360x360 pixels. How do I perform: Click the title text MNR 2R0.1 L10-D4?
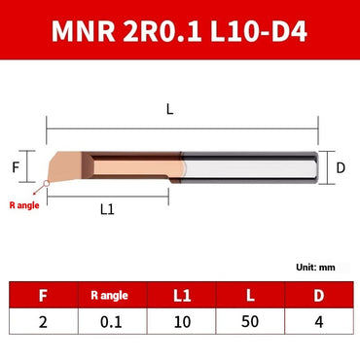tap(180, 32)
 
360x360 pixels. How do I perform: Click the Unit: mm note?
tap(315, 267)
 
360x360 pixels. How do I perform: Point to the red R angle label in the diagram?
tap(23, 205)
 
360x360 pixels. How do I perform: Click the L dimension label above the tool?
tap(170, 110)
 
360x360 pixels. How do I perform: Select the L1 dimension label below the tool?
tap(109, 208)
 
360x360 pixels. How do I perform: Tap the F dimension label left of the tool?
tap(16, 166)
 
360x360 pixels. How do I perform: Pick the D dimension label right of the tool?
tap(341, 166)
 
